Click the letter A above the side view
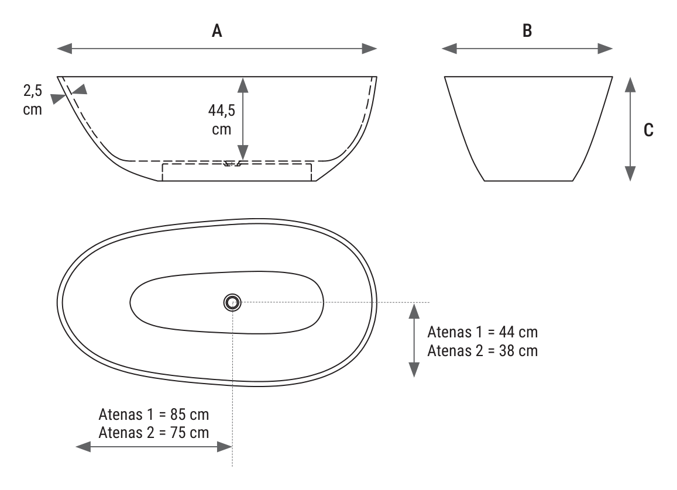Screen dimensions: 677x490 click(x=216, y=31)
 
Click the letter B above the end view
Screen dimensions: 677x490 click(x=527, y=31)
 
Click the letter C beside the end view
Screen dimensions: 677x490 click(x=648, y=130)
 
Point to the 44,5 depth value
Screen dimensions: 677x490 click(x=222, y=111)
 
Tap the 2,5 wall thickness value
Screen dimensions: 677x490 click(x=33, y=91)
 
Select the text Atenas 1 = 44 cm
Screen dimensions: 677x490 click(x=483, y=332)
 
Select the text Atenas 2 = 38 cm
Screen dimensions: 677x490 click(x=483, y=351)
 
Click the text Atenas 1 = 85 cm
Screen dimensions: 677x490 click(x=154, y=415)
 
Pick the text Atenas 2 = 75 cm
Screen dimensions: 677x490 click(x=154, y=433)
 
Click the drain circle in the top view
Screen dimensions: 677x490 click(x=232, y=302)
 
